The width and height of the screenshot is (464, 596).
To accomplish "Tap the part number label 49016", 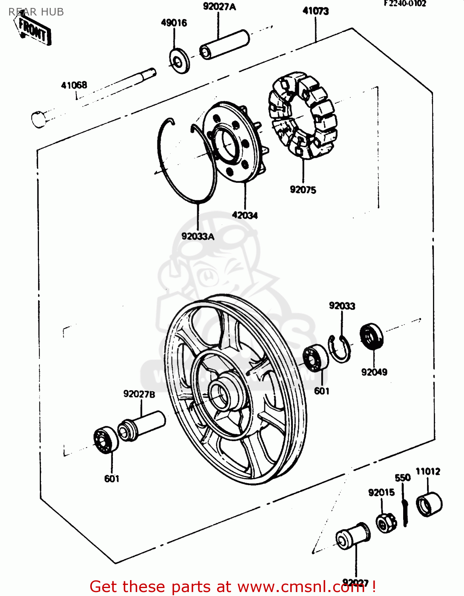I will click(x=174, y=23).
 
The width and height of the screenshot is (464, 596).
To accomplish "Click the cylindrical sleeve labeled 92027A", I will click(x=225, y=45).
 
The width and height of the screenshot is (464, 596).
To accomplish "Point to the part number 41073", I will click(x=316, y=11).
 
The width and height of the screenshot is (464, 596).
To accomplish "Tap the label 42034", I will click(x=245, y=215).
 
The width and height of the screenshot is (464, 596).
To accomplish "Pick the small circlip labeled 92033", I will click(x=340, y=349).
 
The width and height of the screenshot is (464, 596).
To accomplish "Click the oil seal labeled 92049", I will click(x=371, y=337).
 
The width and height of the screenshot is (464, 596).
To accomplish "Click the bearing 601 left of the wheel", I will click(x=106, y=440).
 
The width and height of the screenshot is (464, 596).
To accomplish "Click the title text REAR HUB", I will click(x=36, y=12).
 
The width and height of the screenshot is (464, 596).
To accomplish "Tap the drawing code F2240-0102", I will click(x=405, y=4).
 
